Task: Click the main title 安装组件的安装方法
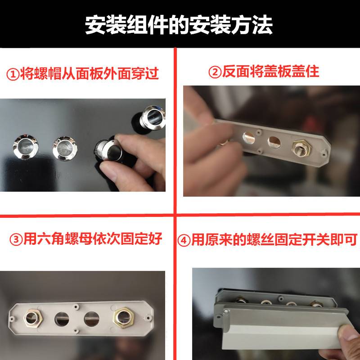(x=179, y=25)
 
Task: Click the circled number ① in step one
(x=13, y=74)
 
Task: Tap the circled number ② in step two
(x=215, y=72)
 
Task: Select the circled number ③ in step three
(x=16, y=239)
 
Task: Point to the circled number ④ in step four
(x=184, y=240)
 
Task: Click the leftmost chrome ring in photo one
(x=26, y=147)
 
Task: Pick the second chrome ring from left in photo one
(x=65, y=149)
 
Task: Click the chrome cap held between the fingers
(x=108, y=150)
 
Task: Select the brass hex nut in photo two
(x=301, y=148)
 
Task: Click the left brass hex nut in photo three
(x=33, y=318)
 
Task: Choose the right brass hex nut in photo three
(x=124, y=318)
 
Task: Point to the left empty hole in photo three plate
(x=62, y=319)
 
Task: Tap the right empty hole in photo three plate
(x=92, y=319)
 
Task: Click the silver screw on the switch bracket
(x=226, y=311)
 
